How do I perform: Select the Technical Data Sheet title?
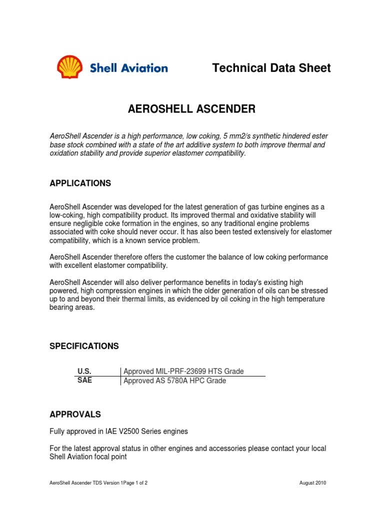tap(271, 67)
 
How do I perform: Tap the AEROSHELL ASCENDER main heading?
tap(192, 109)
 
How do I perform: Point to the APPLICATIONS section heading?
tap(80, 183)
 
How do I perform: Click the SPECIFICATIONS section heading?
tap(84, 346)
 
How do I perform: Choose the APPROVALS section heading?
tap(75, 414)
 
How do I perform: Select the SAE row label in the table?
tap(84, 380)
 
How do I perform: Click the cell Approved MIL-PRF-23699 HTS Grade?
tap(183, 371)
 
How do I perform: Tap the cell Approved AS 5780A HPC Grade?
tap(174, 380)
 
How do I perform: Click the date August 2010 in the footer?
tap(312, 483)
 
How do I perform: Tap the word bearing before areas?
tap(62, 307)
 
